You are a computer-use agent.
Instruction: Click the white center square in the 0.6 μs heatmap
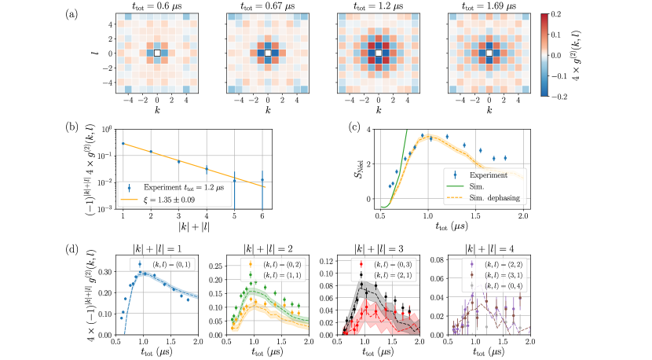tap(157, 53)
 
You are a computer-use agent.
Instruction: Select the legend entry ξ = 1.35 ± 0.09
tap(180, 199)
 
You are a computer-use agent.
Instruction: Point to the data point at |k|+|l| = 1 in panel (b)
tap(123, 143)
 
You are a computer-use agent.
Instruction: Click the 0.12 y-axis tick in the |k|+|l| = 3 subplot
tap(327, 259)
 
